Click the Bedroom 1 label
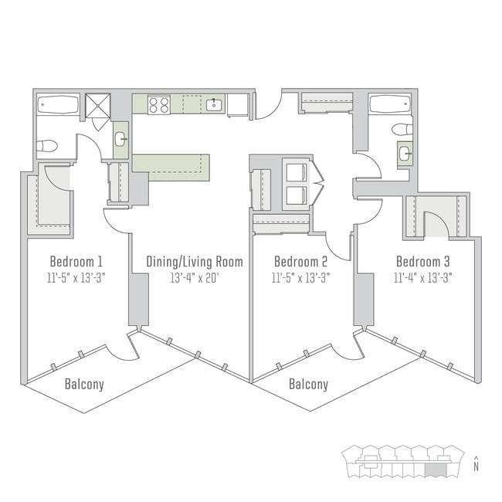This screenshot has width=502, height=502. (x=76, y=260)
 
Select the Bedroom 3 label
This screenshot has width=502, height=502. (x=423, y=260)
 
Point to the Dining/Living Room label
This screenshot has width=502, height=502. (x=195, y=262)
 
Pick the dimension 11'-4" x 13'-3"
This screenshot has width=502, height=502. (x=423, y=277)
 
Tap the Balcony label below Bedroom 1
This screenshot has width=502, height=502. (x=84, y=384)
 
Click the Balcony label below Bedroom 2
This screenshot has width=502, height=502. (x=308, y=384)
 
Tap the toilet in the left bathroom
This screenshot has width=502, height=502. (x=48, y=144)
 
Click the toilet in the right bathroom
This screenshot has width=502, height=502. (x=402, y=129)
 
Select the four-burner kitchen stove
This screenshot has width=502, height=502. (x=159, y=104)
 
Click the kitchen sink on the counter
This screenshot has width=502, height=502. (x=215, y=104)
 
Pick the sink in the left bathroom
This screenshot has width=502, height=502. (x=121, y=140)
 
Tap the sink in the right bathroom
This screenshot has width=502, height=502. (x=405, y=154)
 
